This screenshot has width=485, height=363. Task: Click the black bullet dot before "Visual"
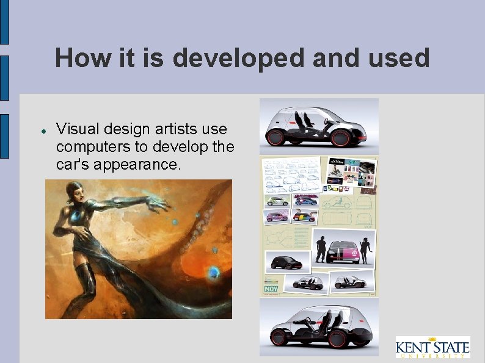[45, 131]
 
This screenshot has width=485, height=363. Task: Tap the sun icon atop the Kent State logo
[448, 339]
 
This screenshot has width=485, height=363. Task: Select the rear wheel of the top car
[276, 137]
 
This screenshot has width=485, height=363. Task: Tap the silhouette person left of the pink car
[321, 249]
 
